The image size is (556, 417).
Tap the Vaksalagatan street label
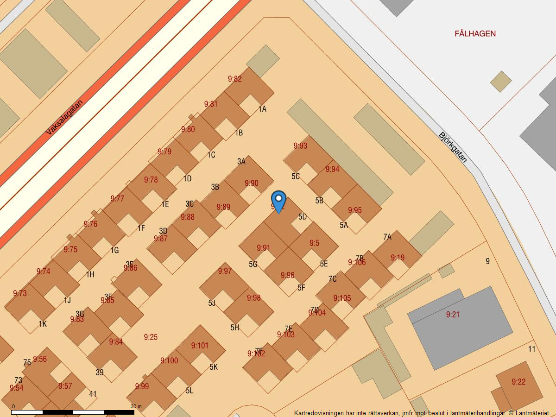pos(64,118)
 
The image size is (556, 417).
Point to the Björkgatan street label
pos(453,147)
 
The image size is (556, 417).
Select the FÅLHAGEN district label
pos(475,34)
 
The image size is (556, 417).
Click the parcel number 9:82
pos(235,79)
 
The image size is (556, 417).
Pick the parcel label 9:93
pos(300,146)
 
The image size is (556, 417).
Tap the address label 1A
pos(262,109)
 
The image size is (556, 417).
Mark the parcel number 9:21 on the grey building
pos(453,315)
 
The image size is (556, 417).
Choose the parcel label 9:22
pos(518,382)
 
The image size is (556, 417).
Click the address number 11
pos(531,349)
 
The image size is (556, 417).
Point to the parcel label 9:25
pos(151,337)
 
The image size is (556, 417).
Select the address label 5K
pos(214,367)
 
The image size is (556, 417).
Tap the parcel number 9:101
pos(200,346)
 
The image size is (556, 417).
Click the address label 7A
pos(387,237)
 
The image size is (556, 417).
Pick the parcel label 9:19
pos(398,258)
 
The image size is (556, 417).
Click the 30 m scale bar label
pos(136,406)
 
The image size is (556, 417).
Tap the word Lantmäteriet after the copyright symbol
pos(531,413)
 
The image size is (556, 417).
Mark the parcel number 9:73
pos(20,293)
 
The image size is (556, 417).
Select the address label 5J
pos(212,303)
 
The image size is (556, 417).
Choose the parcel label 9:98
pos(254,298)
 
